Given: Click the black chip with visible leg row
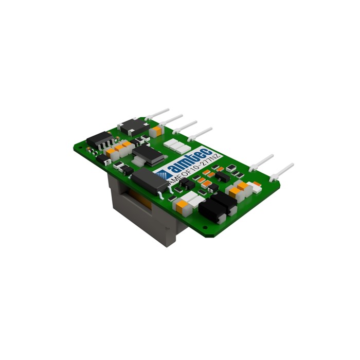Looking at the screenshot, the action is [x=100, y=140].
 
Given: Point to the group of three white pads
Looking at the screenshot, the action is [x=177, y=146].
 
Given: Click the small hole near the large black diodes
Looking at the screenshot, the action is [x=205, y=227].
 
